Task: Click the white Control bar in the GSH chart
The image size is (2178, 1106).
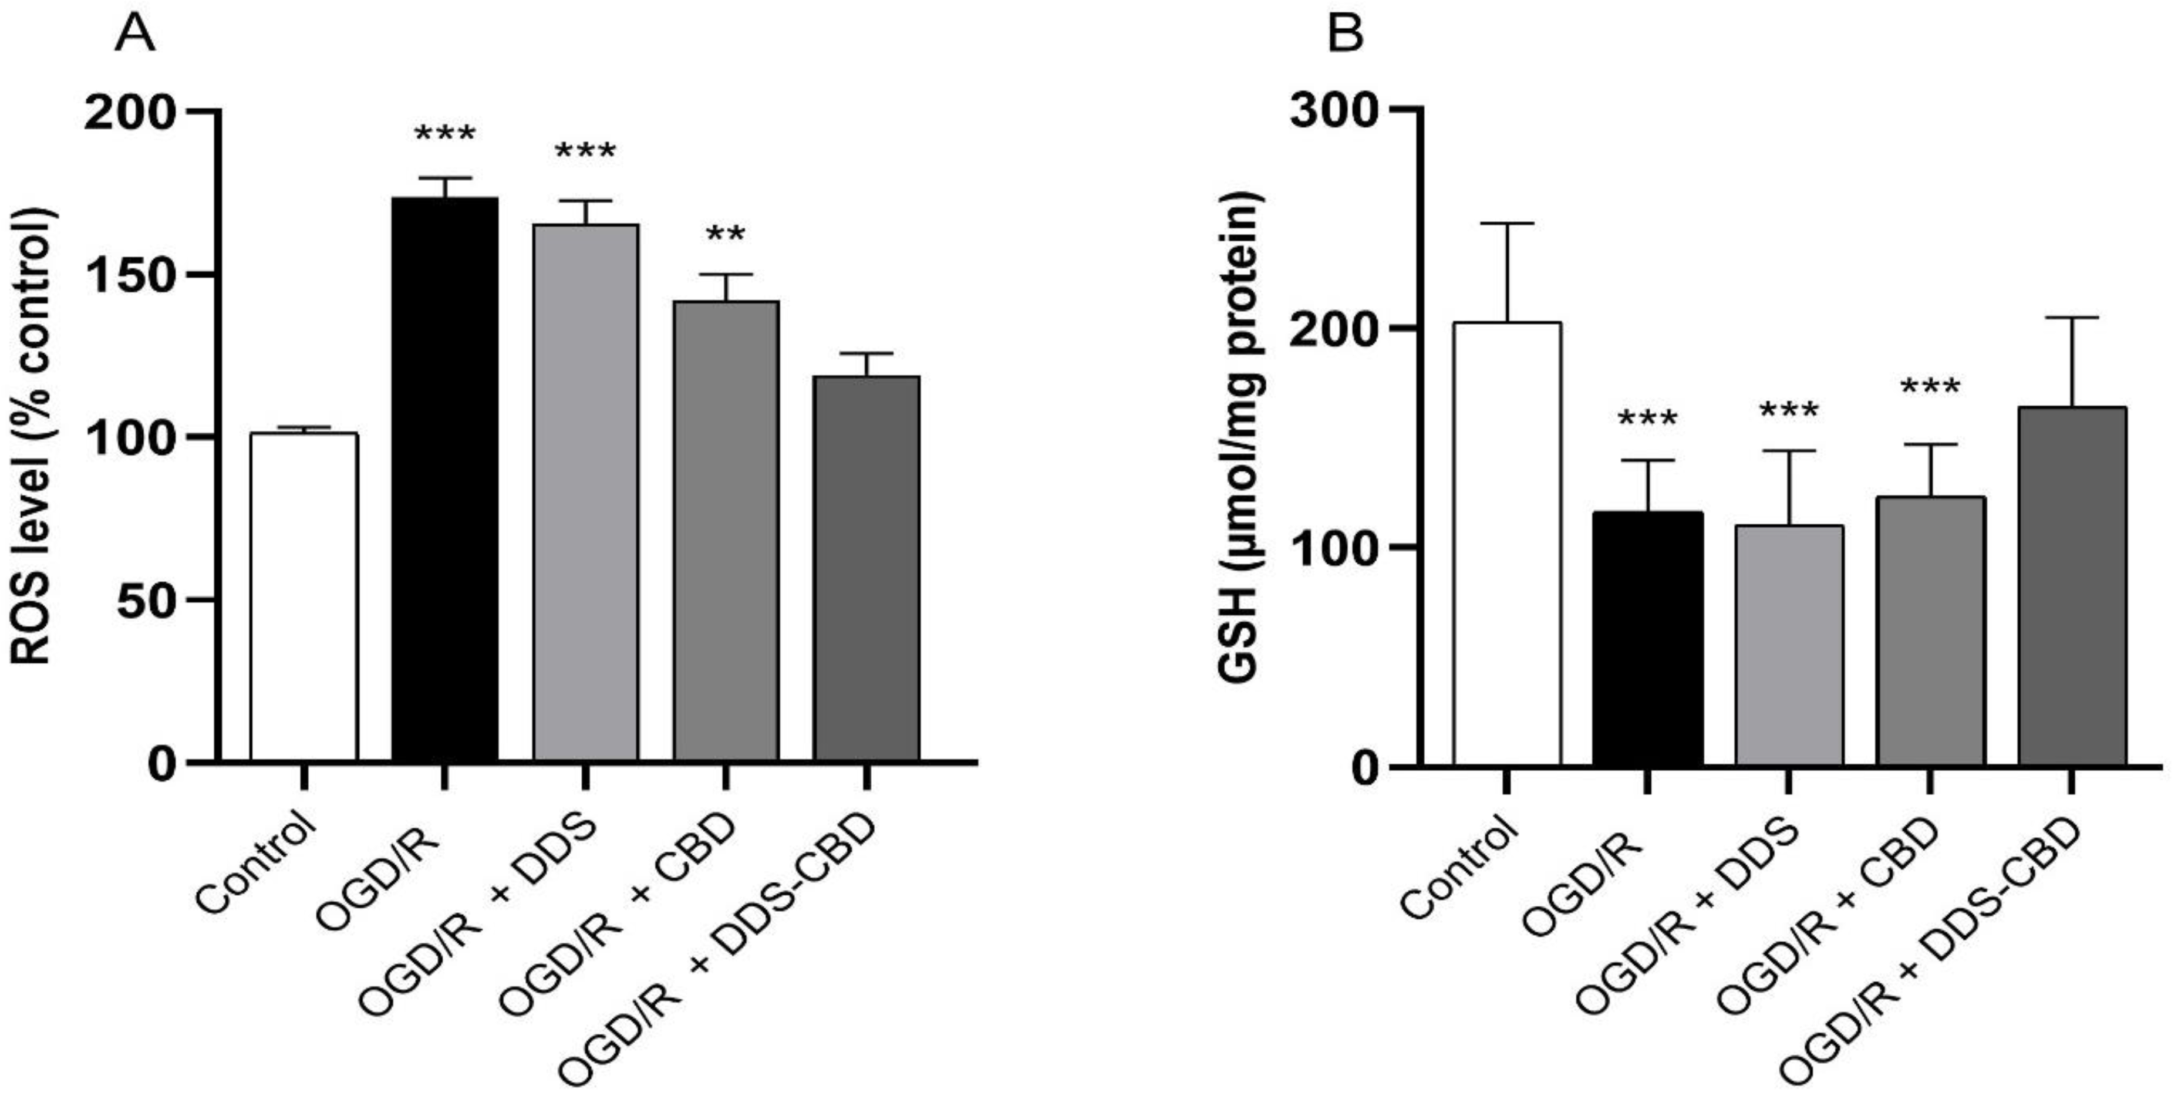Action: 1506,545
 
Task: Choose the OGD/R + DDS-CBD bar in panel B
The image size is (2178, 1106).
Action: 2072,587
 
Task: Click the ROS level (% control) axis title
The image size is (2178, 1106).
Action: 34,436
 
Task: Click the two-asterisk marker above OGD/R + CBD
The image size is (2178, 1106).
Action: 726,235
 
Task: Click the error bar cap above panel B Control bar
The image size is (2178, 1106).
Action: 1506,223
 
